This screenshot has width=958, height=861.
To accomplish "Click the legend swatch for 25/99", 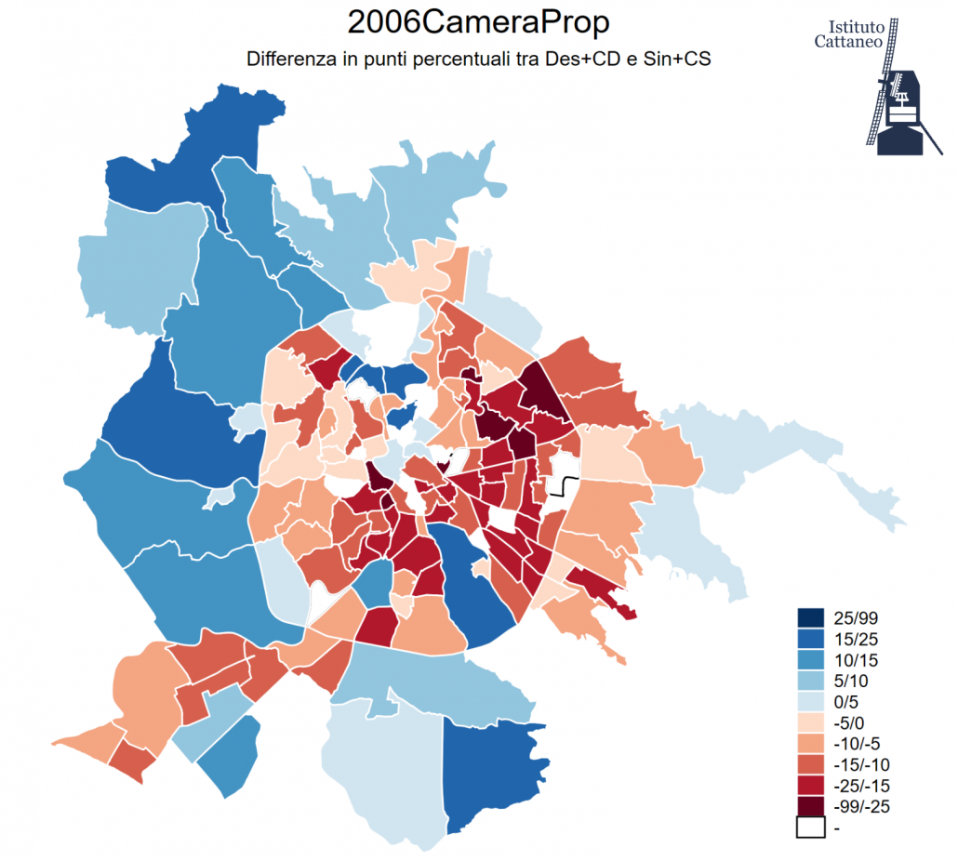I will point(810,618).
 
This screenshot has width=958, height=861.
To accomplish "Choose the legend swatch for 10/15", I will point(810,660).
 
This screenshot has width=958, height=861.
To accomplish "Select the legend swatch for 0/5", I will point(810,702).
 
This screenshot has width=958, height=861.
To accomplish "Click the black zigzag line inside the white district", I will point(565,487).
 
